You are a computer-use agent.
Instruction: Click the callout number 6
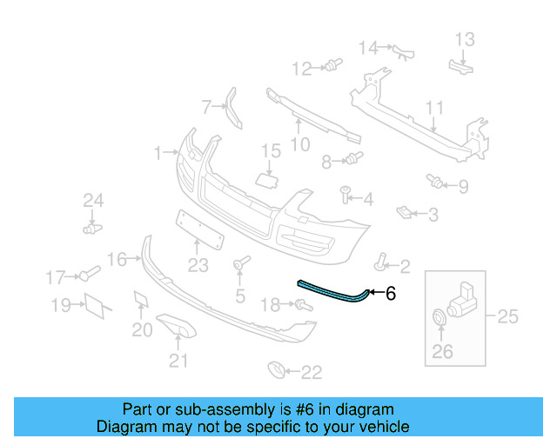pyautogui.click(x=390, y=295)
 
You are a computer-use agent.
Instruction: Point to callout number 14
pyautogui.click(x=369, y=47)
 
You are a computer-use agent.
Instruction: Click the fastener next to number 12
pyautogui.click(x=331, y=65)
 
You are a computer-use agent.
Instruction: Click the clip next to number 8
pyautogui.click(x=353, y=159)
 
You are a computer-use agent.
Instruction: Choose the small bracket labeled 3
pyautogui.click(x=403, y=211)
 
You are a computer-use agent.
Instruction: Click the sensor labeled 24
pyautogui.click(x=90, y=229)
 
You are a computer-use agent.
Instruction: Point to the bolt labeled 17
pyautogui.click(x=89, y=276)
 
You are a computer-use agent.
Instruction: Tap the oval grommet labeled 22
pyautogui.click(x=275, y=371)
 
